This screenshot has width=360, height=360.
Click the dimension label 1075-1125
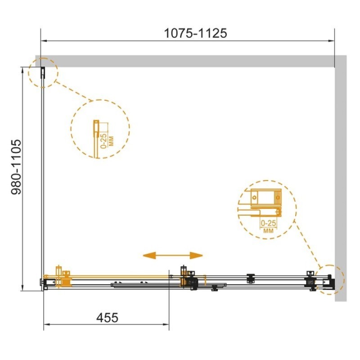[x=196, y=33]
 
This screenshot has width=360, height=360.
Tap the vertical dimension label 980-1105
[x=16, y=167]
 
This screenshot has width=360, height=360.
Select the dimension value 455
[x=107, y=318]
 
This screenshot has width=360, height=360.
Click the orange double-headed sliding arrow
[x=173, y=255]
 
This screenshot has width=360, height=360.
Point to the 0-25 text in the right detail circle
[x=268, y=223]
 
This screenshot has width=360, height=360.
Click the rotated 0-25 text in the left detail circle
[x=104, y=141]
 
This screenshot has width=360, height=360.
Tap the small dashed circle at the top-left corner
[x=43, y=73]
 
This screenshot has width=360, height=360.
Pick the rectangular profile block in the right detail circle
[x=266, y=198]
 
